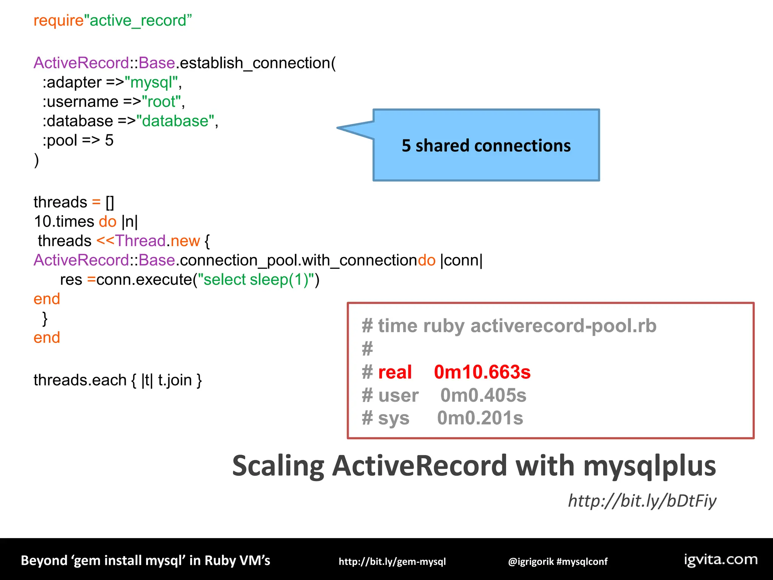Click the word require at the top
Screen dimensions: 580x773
(x=58, y=21)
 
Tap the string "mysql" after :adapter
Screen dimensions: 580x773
(x=151, y=83)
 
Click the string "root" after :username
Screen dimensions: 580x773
(x=161, y=102)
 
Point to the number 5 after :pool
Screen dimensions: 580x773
(x=109, y=141)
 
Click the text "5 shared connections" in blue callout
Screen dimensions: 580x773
(x=486, y=146)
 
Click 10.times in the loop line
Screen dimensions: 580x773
(x=64, y=222)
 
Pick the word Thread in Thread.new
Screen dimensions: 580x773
(x=140, y=241)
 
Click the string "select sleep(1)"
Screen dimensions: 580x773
(x=256, y=280)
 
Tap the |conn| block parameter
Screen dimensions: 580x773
(x=461, y=261)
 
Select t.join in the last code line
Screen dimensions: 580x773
(x=175, y=380)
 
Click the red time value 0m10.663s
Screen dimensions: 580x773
(x=482, y=372)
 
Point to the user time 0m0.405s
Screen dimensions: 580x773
(x=483, y=395)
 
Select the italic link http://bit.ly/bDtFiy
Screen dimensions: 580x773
(x=642, y=501)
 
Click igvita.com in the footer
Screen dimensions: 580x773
(x=721, y=559)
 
